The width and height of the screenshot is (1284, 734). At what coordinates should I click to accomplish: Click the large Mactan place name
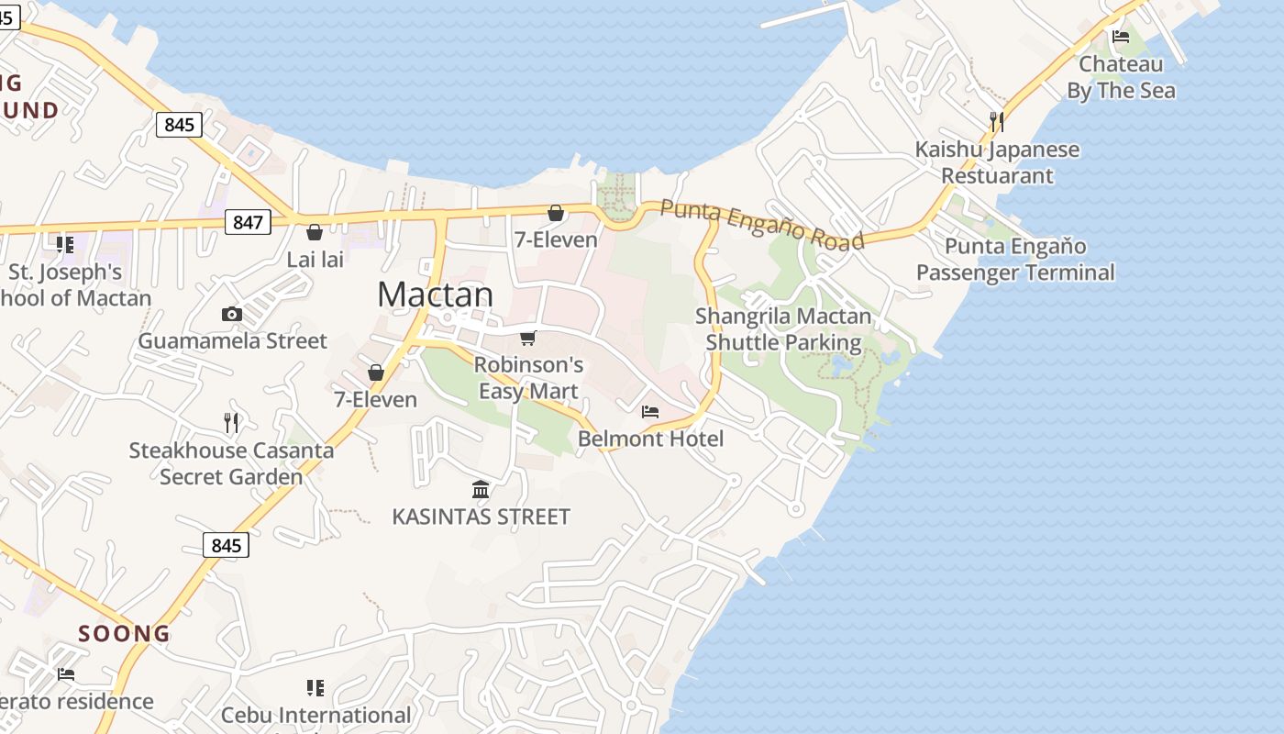[435, 295]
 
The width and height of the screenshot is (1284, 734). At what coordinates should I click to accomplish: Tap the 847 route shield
[248, 222]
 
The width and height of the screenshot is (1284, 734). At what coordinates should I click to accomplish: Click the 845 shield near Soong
[226, 546]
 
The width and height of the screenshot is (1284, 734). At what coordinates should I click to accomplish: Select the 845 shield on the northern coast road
[178, 124]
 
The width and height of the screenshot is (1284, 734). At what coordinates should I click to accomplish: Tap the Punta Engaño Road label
[762, 225]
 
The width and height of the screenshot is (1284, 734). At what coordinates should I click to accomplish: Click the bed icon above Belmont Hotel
[650, 412]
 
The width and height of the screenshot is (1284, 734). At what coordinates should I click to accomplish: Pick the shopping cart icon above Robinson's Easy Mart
[527, 339]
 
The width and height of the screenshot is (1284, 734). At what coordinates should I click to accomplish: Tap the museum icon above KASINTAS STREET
[481, 489]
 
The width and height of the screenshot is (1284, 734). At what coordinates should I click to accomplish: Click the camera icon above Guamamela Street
[232, 315]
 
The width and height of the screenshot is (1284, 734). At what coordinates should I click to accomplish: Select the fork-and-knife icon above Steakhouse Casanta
[231, 423]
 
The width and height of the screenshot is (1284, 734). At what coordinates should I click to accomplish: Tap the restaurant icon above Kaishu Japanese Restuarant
[997, 121]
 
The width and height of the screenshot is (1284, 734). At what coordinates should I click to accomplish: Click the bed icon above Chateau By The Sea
[1120, 37]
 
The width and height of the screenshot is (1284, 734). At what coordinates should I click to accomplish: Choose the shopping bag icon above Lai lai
[315, 232]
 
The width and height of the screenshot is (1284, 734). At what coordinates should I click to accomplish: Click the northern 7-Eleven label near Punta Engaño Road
[556, 240]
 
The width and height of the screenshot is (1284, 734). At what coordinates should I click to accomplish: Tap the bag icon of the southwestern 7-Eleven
[375, 373]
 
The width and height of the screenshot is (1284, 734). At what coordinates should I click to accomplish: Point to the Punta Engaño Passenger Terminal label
[1015, 260]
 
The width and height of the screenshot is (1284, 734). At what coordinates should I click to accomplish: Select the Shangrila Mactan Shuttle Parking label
[783, 329]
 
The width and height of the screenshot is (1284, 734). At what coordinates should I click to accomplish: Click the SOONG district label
[124, 634]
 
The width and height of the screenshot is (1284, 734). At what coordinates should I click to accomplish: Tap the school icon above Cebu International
[315, 688]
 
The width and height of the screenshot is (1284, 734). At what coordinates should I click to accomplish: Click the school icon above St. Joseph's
[65, 244]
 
